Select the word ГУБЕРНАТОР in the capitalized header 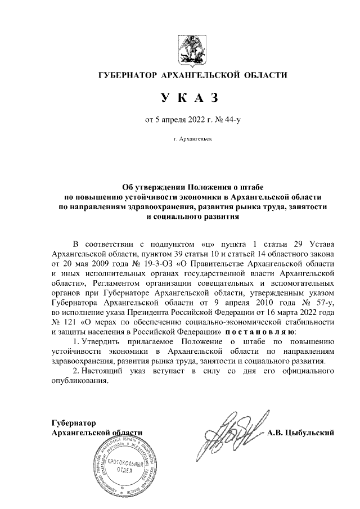(x=127, y=76)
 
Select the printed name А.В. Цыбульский (x=301, y=433)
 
